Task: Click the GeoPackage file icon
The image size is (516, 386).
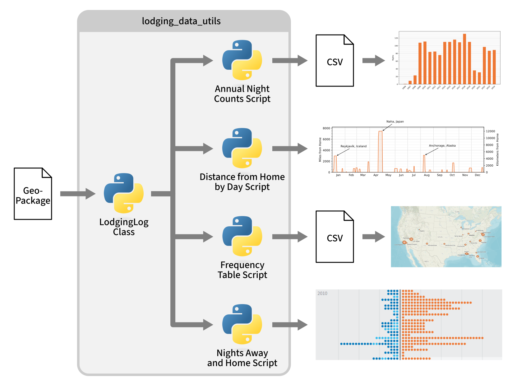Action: click(x=33, y=194)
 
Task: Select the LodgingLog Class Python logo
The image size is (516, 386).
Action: click(x=124, y=193)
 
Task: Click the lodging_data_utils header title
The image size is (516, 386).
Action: click(x=181, y=21)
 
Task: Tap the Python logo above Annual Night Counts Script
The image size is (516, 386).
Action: click(x=242, y=60)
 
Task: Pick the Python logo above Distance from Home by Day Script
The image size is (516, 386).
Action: click(x=242, y=148)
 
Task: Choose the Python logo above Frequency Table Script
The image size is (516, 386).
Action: click(x=242, y=236)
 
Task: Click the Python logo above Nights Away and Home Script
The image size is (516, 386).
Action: click(x=242, y=324)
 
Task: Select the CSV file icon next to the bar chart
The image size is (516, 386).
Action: click(x=335, y=61)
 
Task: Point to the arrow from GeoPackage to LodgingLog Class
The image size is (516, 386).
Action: click(x=78, y=194)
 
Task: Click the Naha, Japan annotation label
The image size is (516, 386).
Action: click(x=395, y=122)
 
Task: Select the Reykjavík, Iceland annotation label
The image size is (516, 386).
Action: click(x=353, y=146)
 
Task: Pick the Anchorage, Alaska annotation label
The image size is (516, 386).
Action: click(x=442, y=146)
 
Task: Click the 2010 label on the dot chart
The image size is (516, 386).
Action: click(x=322, y=294)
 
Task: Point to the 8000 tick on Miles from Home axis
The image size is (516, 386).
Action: click(x=326, y=128)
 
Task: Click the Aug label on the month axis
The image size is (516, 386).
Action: click(x=426, y=175)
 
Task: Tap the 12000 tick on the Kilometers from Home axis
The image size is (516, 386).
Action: click(x=491, y=131)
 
